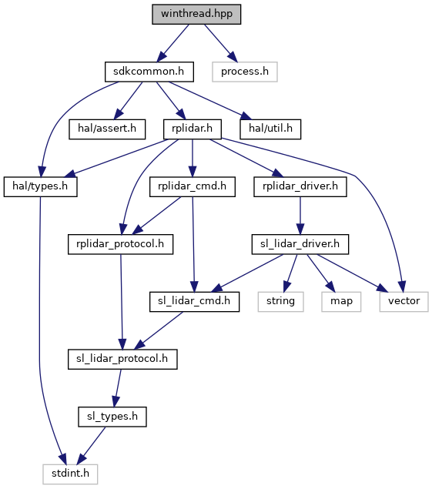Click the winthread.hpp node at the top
tap(196, 14)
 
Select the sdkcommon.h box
tap(149, 72)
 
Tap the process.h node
tap(245, 72)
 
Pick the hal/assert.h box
tap(107, 129)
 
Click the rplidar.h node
tap(193, 129)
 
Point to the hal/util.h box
tap(270, 129)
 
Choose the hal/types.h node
tap(40, 186)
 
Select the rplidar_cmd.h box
tap(193, 186)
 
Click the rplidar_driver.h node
tap(300, 186)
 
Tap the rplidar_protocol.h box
tap(120, 244)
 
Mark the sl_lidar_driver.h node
tap(300, 244)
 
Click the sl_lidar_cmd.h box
tap(194, 302)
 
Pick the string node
tap(281, 302)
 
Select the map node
tap(341, 302)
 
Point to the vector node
tap(404, 302)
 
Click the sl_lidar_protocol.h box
tap(122, 360)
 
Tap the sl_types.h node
tap(112, 417)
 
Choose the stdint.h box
tap(70, 474)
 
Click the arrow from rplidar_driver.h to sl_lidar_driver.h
tap(300, 216)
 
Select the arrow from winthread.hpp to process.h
tap(220, 43)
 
